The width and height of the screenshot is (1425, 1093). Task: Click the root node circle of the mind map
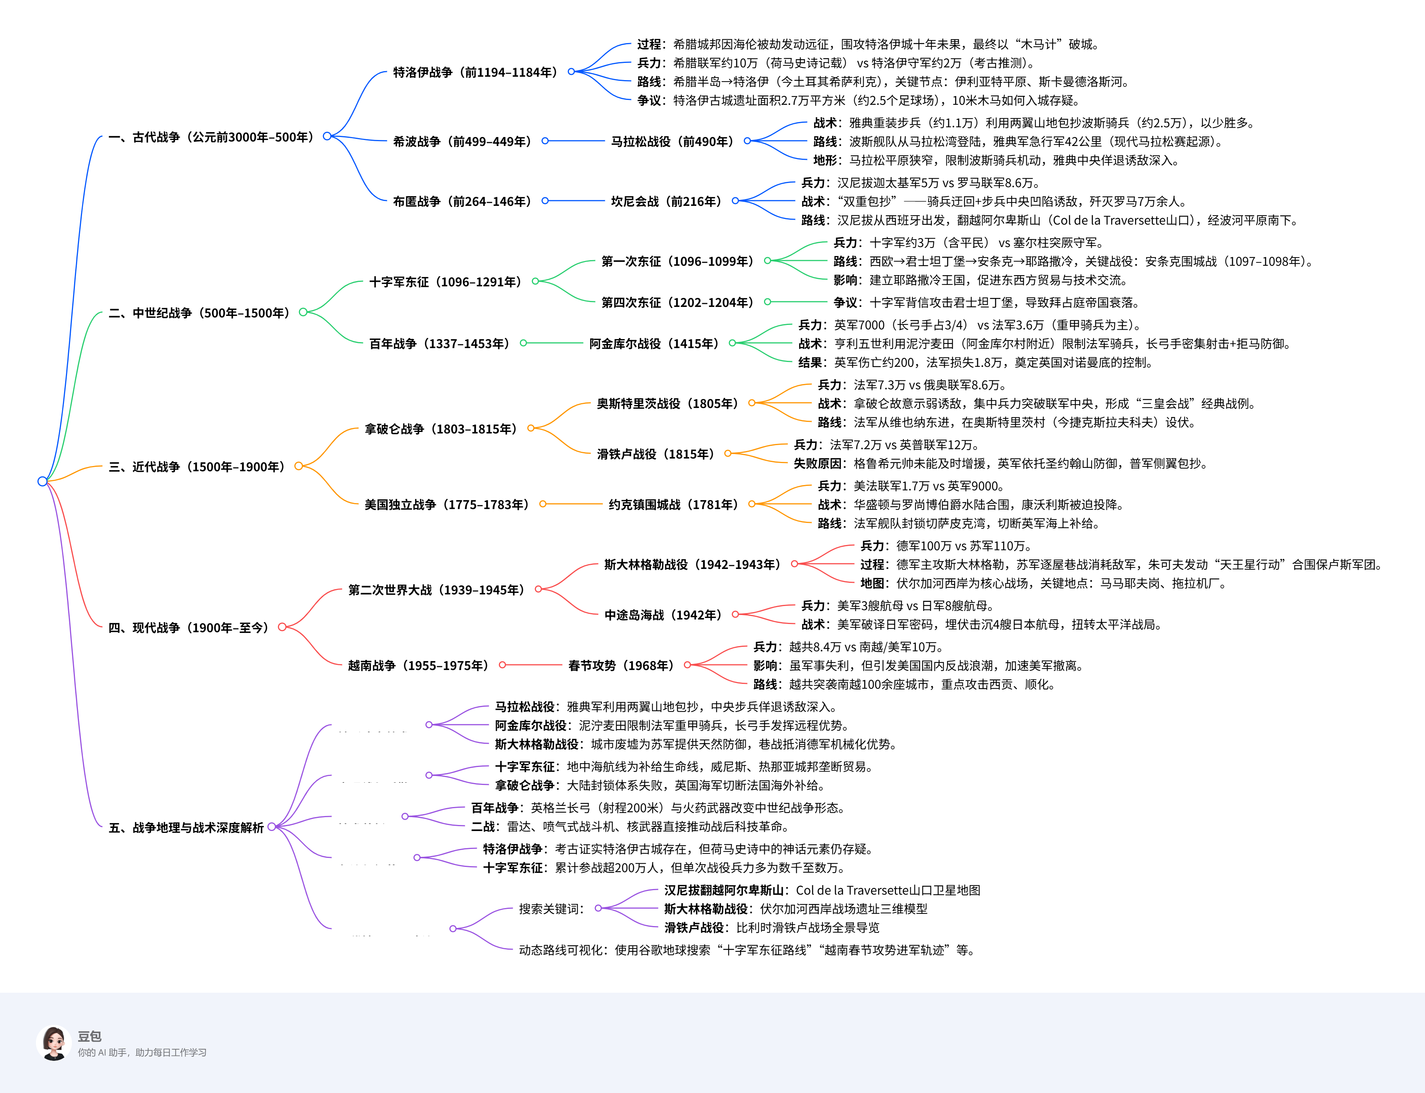[x=42, y=481]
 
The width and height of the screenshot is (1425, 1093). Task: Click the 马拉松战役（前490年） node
[x=672, y=141]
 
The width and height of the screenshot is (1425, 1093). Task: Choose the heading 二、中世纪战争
[x=198, y=313]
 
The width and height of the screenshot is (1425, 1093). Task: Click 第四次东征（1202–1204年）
[x=677, y=302]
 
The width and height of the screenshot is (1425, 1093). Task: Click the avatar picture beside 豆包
[x=54, y=1044]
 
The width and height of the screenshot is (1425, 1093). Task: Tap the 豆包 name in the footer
[x=89, y=1036]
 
